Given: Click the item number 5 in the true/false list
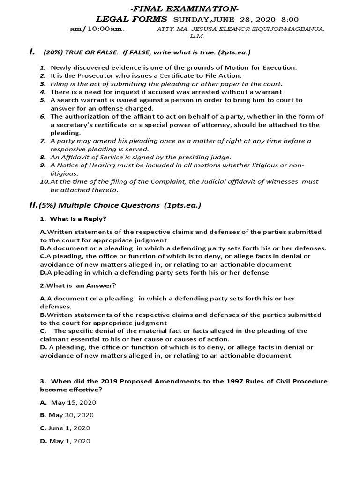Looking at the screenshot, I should [42, 100].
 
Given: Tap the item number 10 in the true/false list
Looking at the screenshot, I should [44, 181].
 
